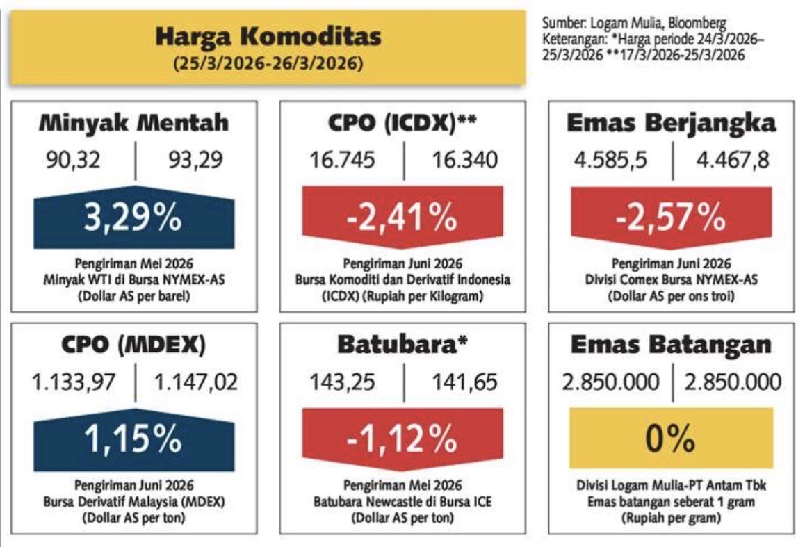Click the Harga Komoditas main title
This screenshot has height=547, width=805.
pos(268,37)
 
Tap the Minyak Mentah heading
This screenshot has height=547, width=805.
pos(133,123)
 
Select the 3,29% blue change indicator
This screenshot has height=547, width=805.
pos(133,218)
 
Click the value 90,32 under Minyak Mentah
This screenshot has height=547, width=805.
pos(74,161)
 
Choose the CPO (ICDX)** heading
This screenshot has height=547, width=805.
pos(402,123)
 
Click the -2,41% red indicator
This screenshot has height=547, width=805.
pos(402,218)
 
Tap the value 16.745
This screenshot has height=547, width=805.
pos(342,161)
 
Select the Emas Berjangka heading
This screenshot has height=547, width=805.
pos(671,123)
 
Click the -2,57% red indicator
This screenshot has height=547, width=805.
pos(671,218)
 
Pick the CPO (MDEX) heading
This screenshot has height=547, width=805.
pos(133,345)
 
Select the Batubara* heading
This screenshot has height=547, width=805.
pos(402,345)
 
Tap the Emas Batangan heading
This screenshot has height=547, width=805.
pos(671,345)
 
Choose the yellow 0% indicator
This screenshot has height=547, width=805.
pos(671,438)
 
